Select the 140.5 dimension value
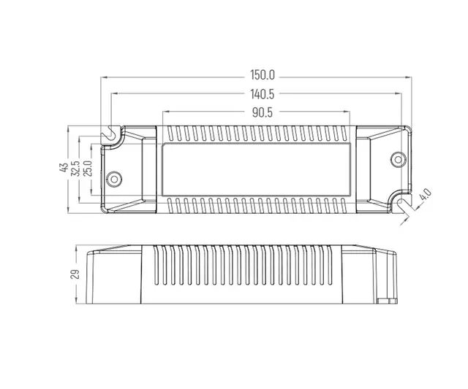coord(261,94)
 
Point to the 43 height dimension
coord(64,168)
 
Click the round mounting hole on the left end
coord(114,178)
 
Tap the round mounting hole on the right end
coord(398,158)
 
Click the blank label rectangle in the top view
coord(257,169)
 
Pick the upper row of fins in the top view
coord(257,134)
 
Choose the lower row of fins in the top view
coord(257,204)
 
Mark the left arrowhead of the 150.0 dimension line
coord(104,76)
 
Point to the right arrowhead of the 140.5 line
coord(398,94)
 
